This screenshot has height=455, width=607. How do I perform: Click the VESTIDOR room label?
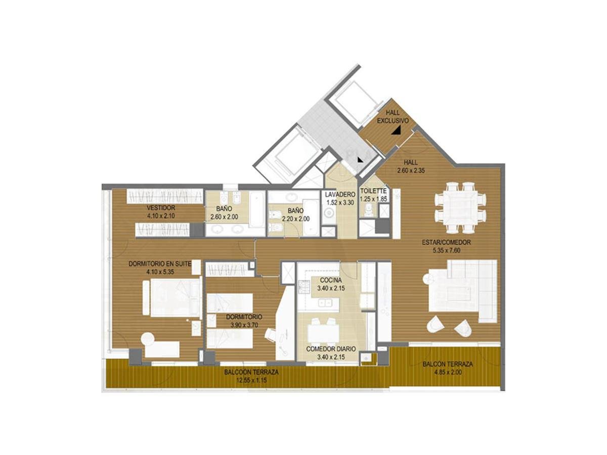tap(161, 208)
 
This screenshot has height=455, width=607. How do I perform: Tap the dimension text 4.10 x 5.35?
tap(160, 272)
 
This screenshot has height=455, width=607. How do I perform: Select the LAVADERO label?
tap(340, 194)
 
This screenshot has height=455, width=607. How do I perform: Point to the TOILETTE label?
tap(373, 191)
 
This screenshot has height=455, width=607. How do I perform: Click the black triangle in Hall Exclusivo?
tap(397, 130)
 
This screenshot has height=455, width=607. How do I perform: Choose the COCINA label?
tap(331, 280)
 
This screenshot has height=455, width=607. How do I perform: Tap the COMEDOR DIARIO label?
tap(331, 349)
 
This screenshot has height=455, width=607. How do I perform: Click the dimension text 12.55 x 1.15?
tap(251, 380)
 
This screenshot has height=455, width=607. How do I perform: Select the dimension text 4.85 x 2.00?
tap(448, 372)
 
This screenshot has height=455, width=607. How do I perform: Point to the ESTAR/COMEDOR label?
tap(446, 243)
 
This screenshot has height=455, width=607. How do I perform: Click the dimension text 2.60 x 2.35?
tap(411, 170)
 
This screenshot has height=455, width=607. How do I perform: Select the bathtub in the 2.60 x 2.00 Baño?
tap(257, 209)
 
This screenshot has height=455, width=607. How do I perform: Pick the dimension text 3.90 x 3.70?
tap(244, 325)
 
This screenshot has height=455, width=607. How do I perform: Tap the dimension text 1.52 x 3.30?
tap(340, 203)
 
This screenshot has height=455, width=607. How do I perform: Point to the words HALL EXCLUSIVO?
tap(393, 117)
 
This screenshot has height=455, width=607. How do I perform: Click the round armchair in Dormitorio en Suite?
tap(147, 339)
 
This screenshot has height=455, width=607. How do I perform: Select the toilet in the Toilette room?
tap(368, 211)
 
